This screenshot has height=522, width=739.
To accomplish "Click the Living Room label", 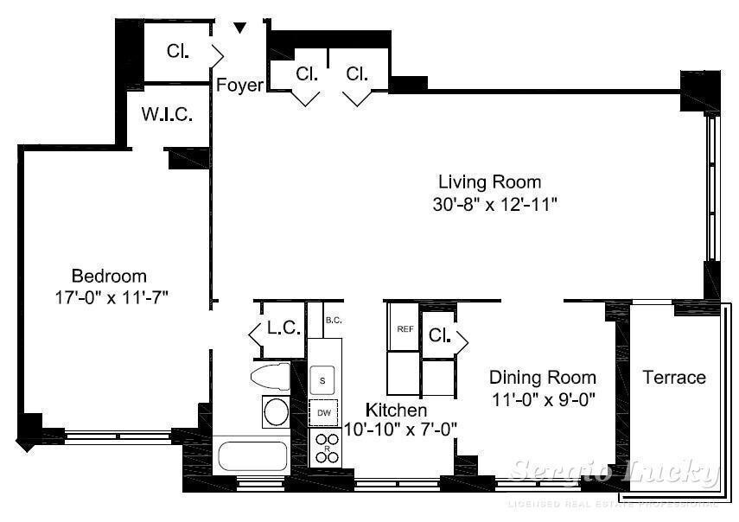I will (x=489, y=182).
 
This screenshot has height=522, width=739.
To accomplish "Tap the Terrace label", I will (x=674, y=378).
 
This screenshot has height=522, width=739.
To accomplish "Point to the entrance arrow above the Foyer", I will (x=240, y=29).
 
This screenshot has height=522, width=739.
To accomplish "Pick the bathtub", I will (x=251, y=455).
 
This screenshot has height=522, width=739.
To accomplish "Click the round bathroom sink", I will (x=276, y=411).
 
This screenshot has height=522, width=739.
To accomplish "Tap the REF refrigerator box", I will (x=405, y=329).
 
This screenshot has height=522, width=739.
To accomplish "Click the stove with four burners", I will (x=326, y=447).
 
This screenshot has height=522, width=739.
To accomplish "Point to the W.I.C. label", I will (x=167, y=115).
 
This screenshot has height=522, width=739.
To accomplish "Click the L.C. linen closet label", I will (x=283, y=329).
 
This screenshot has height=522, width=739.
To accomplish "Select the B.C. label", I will (x=334, y=320).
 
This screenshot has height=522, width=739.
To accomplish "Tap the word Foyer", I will (x=239, y=85).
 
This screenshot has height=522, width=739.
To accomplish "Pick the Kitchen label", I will (x=396, y=410).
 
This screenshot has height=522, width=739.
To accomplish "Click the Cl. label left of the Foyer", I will (x=177, y=51).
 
